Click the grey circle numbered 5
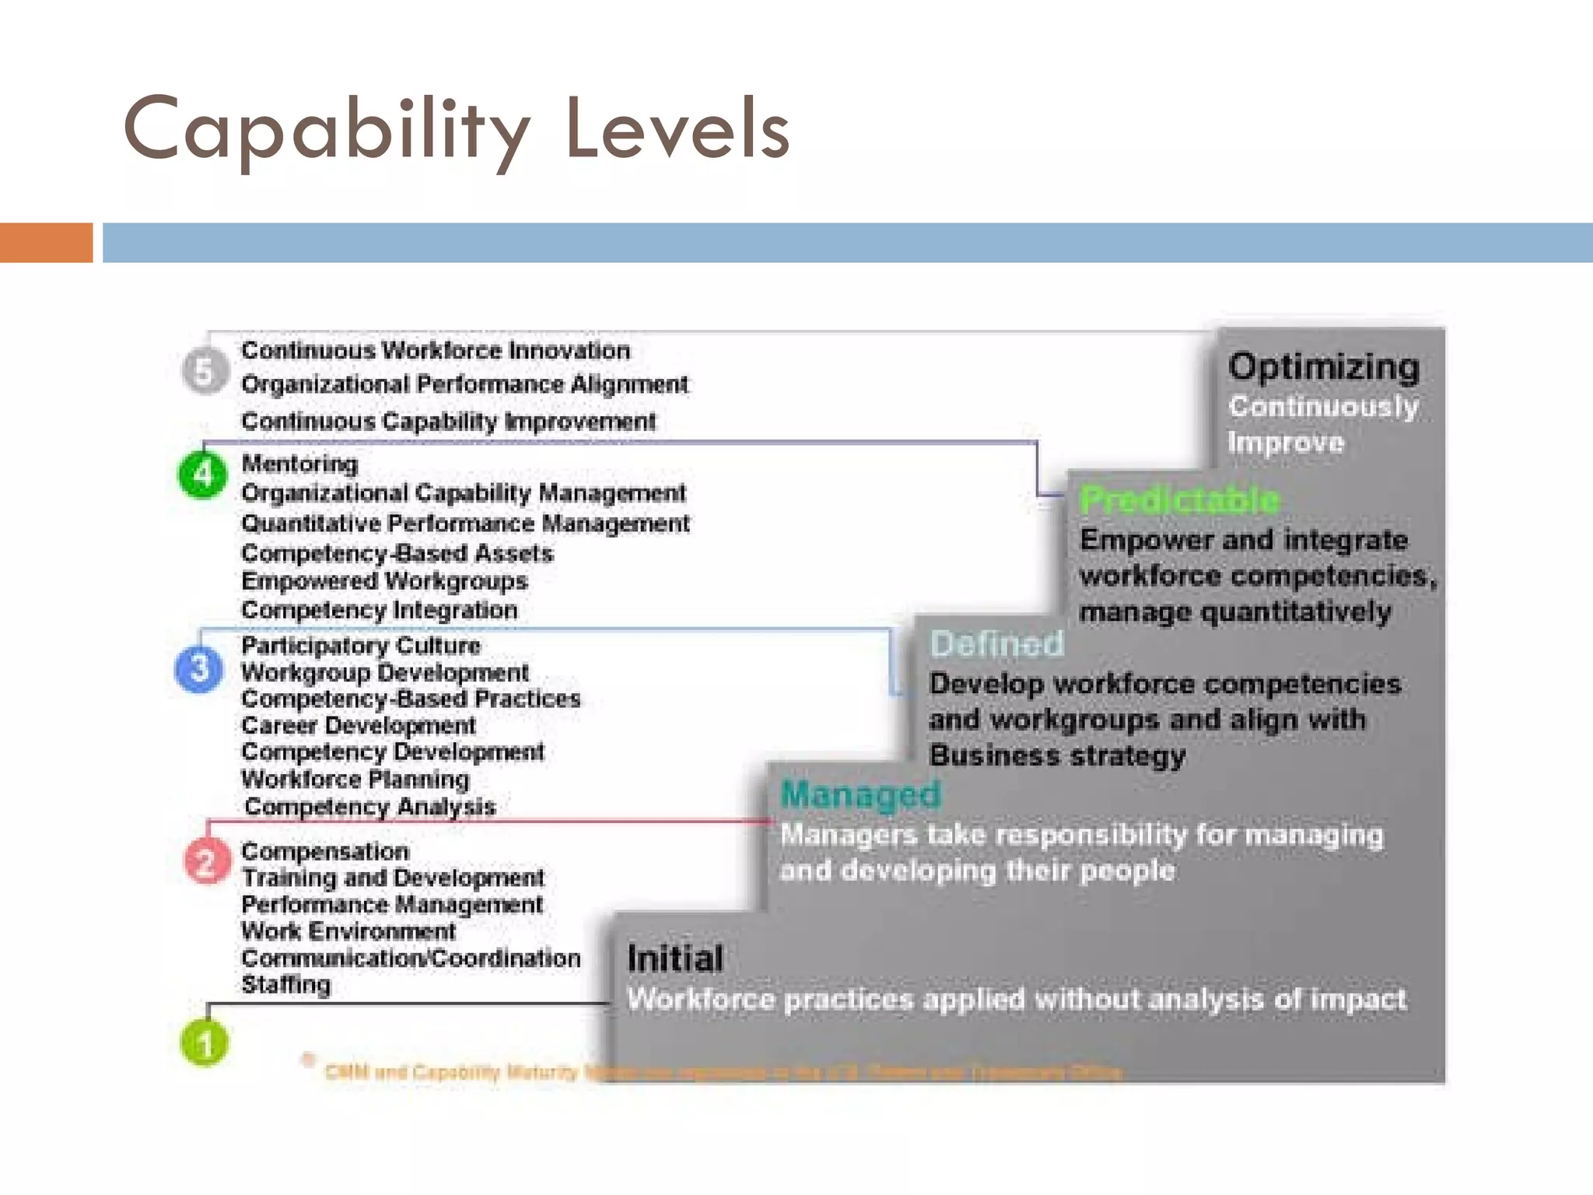tap(205, 371)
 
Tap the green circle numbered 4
tap(203, 474)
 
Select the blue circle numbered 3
tap(199, 669)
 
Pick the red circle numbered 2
tap(206, 861)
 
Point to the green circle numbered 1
tap(205, 1043)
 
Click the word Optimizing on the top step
tap(1324, 367)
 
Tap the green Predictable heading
tap(1179, 499)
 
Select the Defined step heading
tap(996, 644)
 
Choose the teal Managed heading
tap(860, 794)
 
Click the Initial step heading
tap(675, 958)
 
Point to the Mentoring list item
tap(299, 464)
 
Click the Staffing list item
tap(285, 985)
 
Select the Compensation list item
tap(324, 851)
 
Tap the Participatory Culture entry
tap(361, 646)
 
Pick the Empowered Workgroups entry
tap(384, 581)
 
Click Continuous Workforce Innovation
tap(436, 351)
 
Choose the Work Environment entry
tap(348, 931)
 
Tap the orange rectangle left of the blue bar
tap(46, 243)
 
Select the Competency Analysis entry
tap(369, 807)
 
